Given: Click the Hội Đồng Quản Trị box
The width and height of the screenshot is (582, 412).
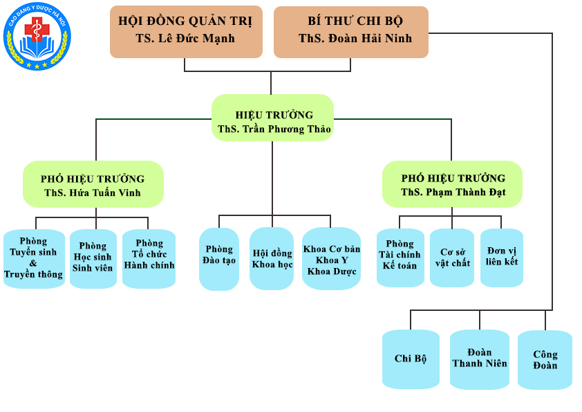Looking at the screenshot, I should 185,31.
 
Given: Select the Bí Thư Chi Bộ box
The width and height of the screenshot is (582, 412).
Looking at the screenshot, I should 350,31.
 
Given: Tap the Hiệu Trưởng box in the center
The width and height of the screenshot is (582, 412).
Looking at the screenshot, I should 272,118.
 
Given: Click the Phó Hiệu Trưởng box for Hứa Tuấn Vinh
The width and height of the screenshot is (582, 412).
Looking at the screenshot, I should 93,184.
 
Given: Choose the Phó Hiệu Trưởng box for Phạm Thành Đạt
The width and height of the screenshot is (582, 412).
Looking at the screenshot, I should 452,184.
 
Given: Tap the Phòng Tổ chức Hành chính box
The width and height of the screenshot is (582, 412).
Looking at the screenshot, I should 149,258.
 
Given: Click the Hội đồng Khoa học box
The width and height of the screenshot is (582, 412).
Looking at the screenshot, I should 272,258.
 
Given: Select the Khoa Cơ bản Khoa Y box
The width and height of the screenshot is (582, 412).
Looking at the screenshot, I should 331,258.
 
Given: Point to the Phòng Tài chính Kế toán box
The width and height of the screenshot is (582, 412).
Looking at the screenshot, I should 400,258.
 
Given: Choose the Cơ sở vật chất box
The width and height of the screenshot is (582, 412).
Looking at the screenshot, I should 452,258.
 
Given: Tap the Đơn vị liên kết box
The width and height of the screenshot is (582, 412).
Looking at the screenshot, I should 502,258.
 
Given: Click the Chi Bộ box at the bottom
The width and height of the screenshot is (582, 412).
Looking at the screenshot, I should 411,359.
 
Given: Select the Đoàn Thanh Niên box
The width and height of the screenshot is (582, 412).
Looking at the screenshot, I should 479,359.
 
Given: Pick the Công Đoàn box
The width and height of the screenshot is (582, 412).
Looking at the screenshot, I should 545,359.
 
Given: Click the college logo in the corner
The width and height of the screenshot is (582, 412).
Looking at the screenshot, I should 37,37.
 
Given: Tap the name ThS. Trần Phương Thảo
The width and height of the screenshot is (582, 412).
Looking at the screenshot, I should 274,129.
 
